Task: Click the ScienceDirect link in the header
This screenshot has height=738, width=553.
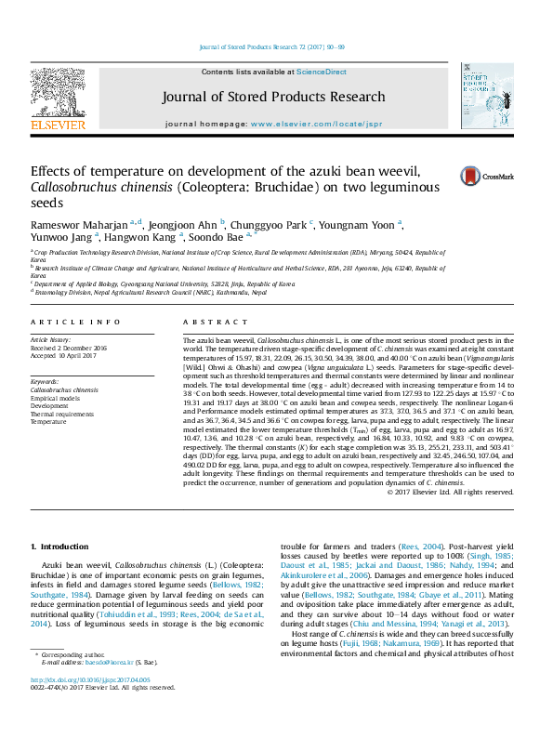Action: click(x=322, y=72)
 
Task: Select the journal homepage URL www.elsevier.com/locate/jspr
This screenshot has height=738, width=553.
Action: click(x=303, y=124)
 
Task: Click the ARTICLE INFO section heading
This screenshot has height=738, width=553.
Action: click(x=75, y=322)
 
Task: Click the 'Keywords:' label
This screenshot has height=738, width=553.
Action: click(x=45, y=382)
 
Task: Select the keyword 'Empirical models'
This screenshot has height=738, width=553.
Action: click(x=55, y=398)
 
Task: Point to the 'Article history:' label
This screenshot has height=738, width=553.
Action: click(x=51, y=340)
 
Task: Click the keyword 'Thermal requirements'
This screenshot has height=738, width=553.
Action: click(x=60, y=414)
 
